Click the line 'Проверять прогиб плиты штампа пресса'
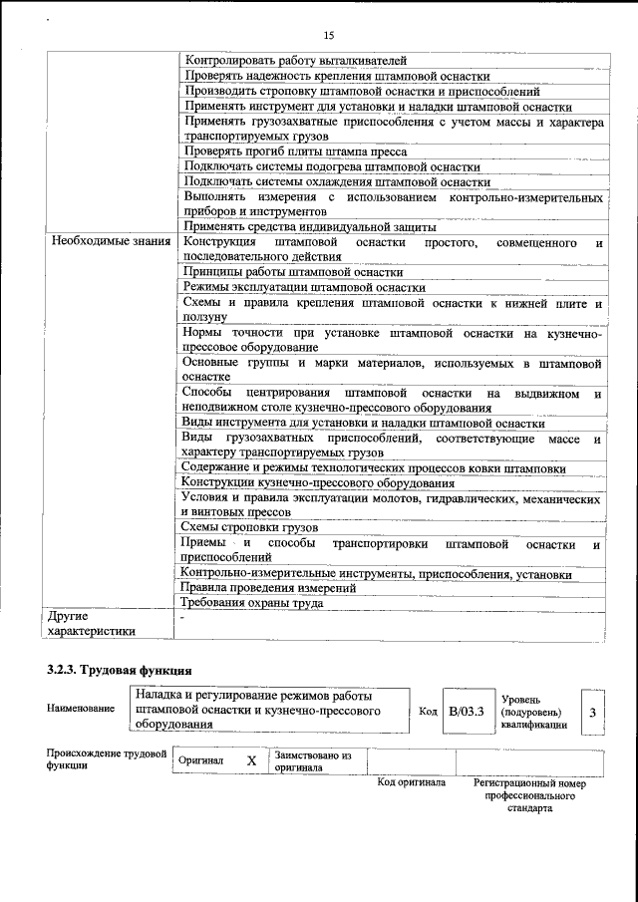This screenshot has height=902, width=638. click(291, 151)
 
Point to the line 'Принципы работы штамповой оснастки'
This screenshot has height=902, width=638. click(293, 271)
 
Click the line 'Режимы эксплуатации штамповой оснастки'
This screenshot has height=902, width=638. click(303, 287)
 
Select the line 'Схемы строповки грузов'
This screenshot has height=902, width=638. click(249, 526)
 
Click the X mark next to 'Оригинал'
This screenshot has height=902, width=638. click(251, 760)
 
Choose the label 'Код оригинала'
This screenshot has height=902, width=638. click(411, 783)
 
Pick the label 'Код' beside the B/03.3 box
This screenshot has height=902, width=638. click(428, 712)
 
